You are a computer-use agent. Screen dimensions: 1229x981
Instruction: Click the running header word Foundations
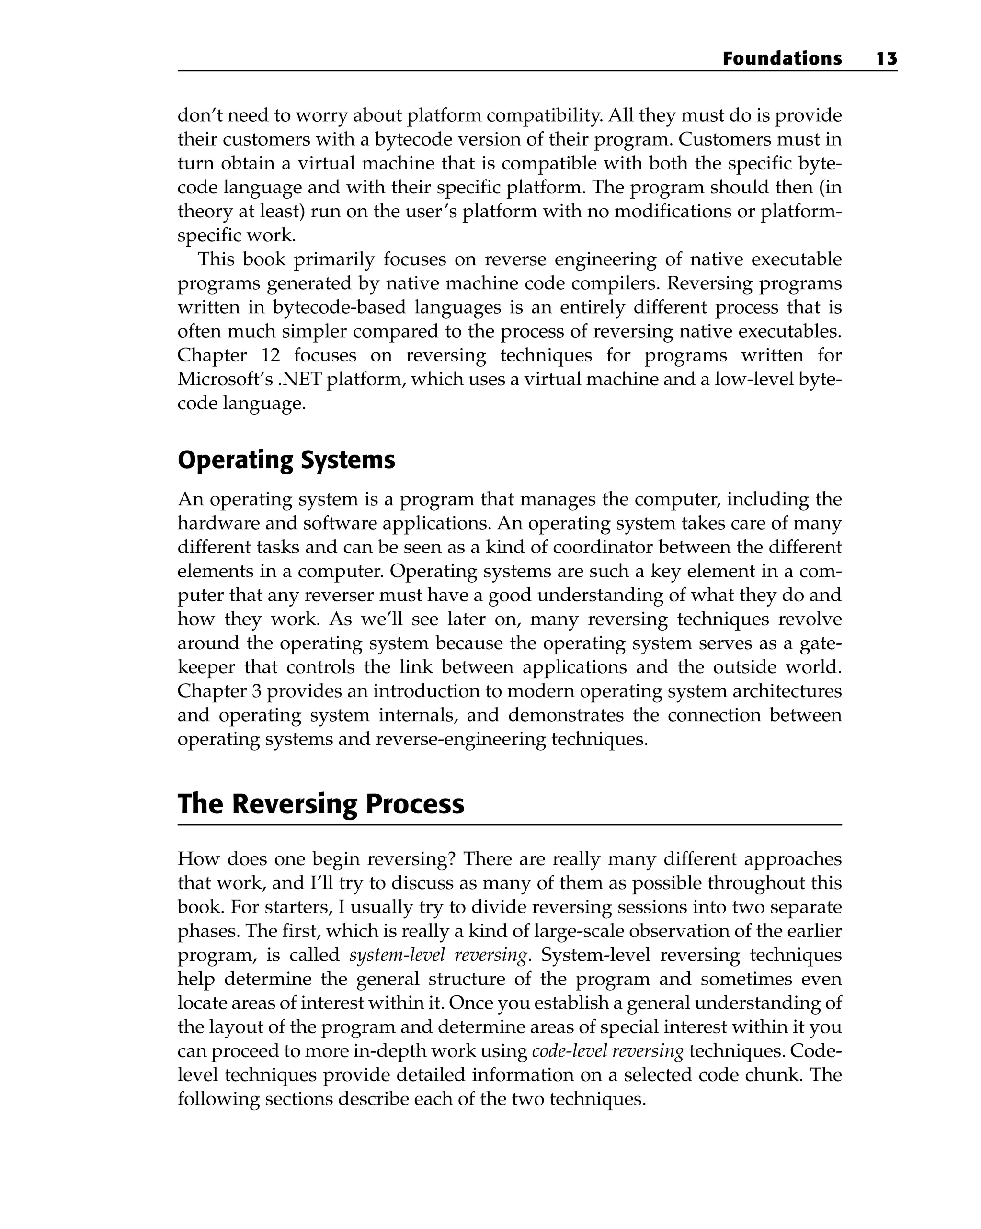[781, 59]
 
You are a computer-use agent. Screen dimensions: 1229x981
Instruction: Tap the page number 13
[886, 59]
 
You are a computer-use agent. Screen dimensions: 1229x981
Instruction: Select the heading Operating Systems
[286, 461]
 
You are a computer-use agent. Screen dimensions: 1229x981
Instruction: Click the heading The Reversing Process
[320, 804]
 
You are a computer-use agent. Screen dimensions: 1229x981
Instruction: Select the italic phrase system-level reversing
[438, 955]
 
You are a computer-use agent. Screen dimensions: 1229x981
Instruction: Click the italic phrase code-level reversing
[607, 1050]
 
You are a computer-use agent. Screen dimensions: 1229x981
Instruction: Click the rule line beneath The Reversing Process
[509, 825]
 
